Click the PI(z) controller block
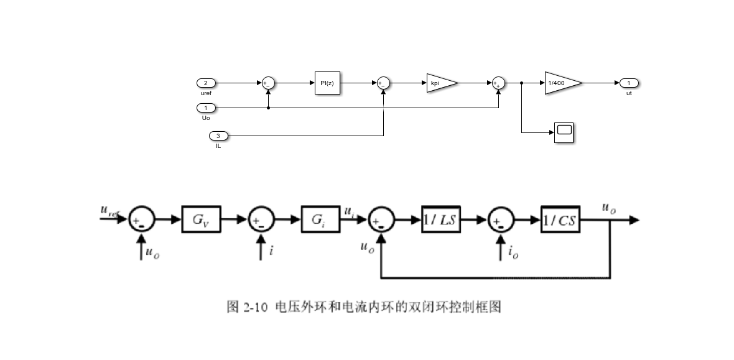coord(327,83)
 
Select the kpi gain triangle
coord(440,83)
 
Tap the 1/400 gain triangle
coord(562,83)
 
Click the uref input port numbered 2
coord(206,83)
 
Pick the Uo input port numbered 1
coord(206,108)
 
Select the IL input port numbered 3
coord(218,136)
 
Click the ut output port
coord(629,83)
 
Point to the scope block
coord(564,132)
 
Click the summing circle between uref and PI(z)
coord(268,83)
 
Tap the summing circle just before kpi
coord(383,83)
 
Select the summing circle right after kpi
coord(498,83)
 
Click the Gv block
coord(201,219)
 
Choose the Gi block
coord(320,219)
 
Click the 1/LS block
coord(441,219)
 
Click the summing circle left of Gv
coord(141,219)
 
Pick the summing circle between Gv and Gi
coord(261,219)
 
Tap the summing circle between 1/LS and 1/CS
coord(501,219)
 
